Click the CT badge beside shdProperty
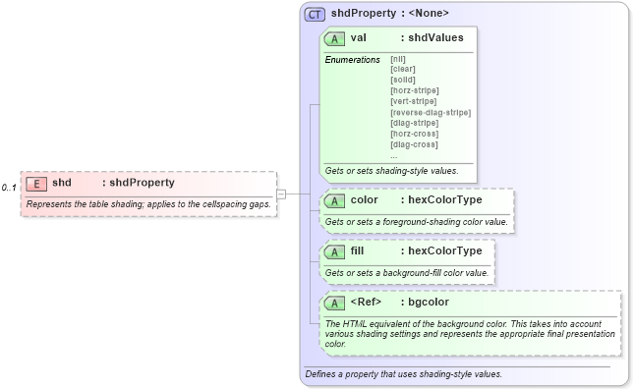(x=315, y=14)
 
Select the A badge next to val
(x=334, y=38)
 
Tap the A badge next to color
(x=334, y=200)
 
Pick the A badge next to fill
(x=334, y=251)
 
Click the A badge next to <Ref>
(x=334, y=303)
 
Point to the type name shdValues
(x=435, y=38)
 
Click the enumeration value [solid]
(x=402, y=80)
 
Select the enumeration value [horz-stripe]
(x=414, y=90)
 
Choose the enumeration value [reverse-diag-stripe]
(x=430, y=112)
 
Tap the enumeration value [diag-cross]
(x=414, y=144)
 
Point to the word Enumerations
(x=352, y=60)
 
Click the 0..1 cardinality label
(x=9, y=187)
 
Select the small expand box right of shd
(x=281, y=194)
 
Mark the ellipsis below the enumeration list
(x=394, y=155)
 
